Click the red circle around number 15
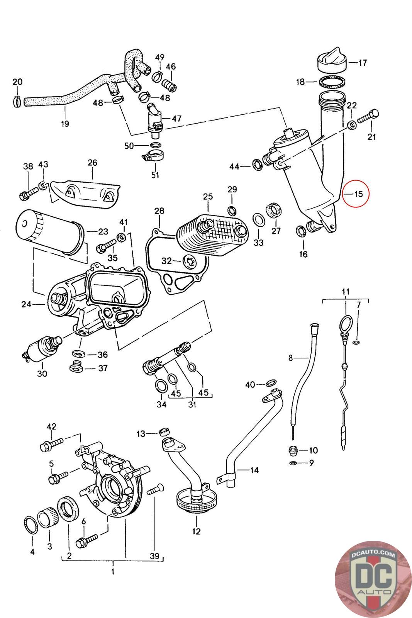click(x=356, y=194)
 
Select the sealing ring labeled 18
click(x=332, y=82)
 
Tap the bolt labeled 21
click(x=368, y=116)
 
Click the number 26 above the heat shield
click(x=92, y=163)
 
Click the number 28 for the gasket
click(x=159, y=211)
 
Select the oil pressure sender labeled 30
click(x=41, y=348)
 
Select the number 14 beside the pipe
click(x=254, y=470)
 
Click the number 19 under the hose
click(x=65, y=123)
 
